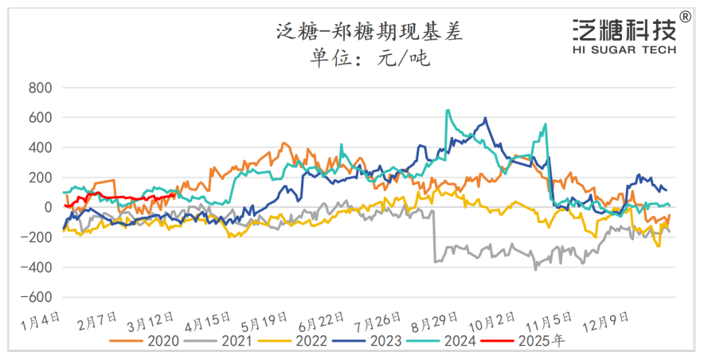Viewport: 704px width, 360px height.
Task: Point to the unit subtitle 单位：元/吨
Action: point(369,58)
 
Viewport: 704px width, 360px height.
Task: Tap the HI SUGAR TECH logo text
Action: point(624,49)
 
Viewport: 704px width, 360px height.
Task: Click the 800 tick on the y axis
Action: point(39,88)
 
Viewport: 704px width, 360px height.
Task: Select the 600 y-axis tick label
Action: point(39,118)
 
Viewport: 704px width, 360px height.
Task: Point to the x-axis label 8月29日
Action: point(434,324)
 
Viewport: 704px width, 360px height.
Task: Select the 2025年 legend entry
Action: point(542,341)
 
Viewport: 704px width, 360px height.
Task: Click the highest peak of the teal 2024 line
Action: point(448,110)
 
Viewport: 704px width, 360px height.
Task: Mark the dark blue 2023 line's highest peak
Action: point(485,119)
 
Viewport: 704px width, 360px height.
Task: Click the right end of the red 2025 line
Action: point(174,194)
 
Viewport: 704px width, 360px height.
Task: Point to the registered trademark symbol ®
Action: point(686,16)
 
